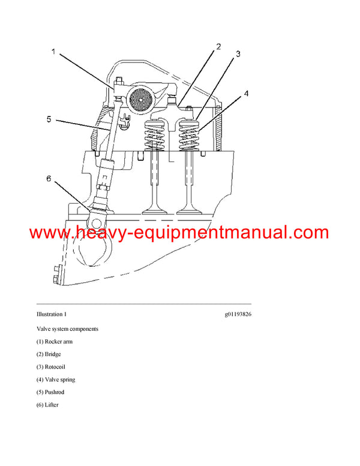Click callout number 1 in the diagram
tap(53, 52)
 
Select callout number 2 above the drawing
tap(219, 46)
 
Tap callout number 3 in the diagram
tap(238, 54)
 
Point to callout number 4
tap(245, 94)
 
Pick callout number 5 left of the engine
tap(49, 120)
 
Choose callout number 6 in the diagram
tap(49, 178)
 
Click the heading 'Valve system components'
tap(67, 329)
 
